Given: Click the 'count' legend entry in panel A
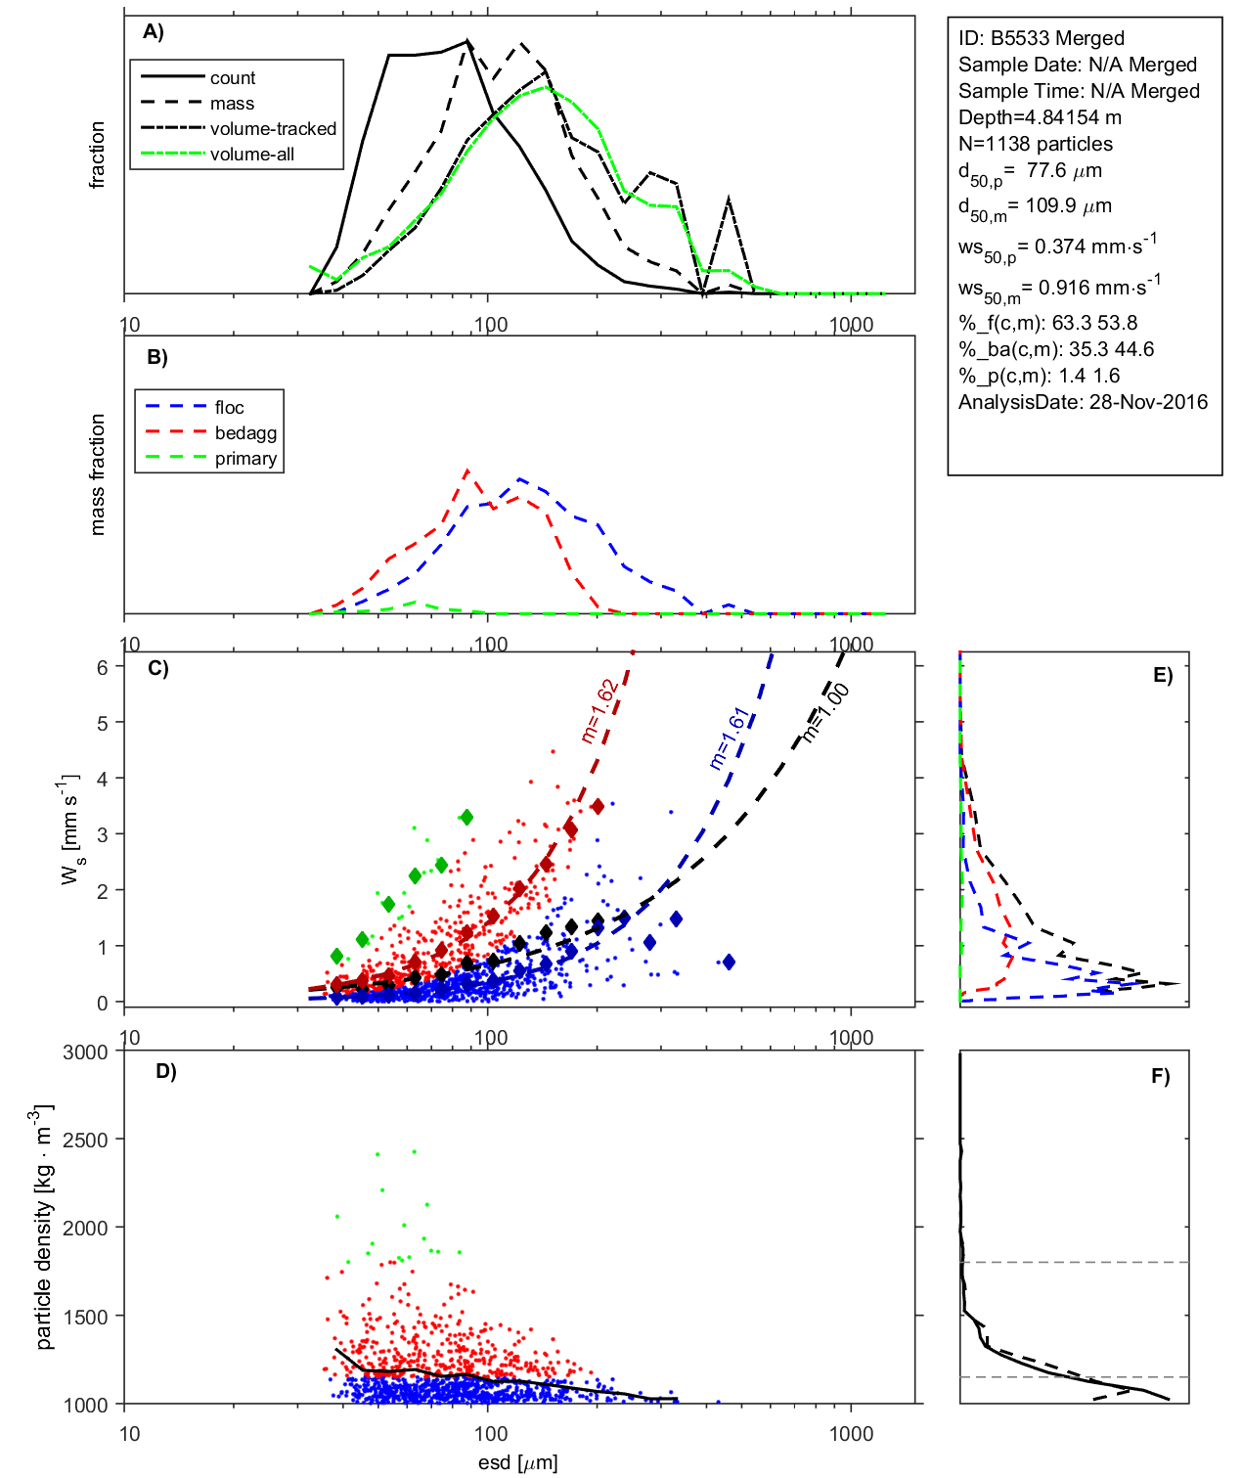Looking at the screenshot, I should click(x=232, y=78).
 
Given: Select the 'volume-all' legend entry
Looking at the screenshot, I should click(x=251, y=155).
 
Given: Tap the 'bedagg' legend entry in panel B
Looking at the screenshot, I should click(x=245, y=433).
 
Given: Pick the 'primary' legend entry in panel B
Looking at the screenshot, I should click(x=245, y=459).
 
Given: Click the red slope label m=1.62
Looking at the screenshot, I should click(x=599, y=711).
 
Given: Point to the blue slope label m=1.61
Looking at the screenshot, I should click(x=729, y=739).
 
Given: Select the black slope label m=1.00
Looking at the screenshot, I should click(x=826, y=713).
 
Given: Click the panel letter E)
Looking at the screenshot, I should click(x=1162, y=675).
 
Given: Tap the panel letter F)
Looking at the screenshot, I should click(x=1160, y=1076).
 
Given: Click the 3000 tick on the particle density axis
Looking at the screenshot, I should click(x=86, y=1053).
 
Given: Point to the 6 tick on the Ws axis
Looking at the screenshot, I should click(x=103, y=667).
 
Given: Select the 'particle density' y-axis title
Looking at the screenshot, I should click(x=43, y=1228).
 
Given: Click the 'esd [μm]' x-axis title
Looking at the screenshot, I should click(x=518, y=1462).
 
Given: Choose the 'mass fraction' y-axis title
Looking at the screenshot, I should click(x=97, y=474).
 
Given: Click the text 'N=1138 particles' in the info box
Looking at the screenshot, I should click(x=1035, y=144).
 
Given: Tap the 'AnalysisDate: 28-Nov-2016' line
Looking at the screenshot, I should click(x=1083, y=402).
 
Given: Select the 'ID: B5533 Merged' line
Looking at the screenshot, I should click(x=1041, y=38).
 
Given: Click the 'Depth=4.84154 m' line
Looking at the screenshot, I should click(x=1040, y=117).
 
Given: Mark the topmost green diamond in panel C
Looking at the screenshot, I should click(x=466, y=817).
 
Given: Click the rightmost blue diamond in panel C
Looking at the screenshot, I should click(x=728, y=963).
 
